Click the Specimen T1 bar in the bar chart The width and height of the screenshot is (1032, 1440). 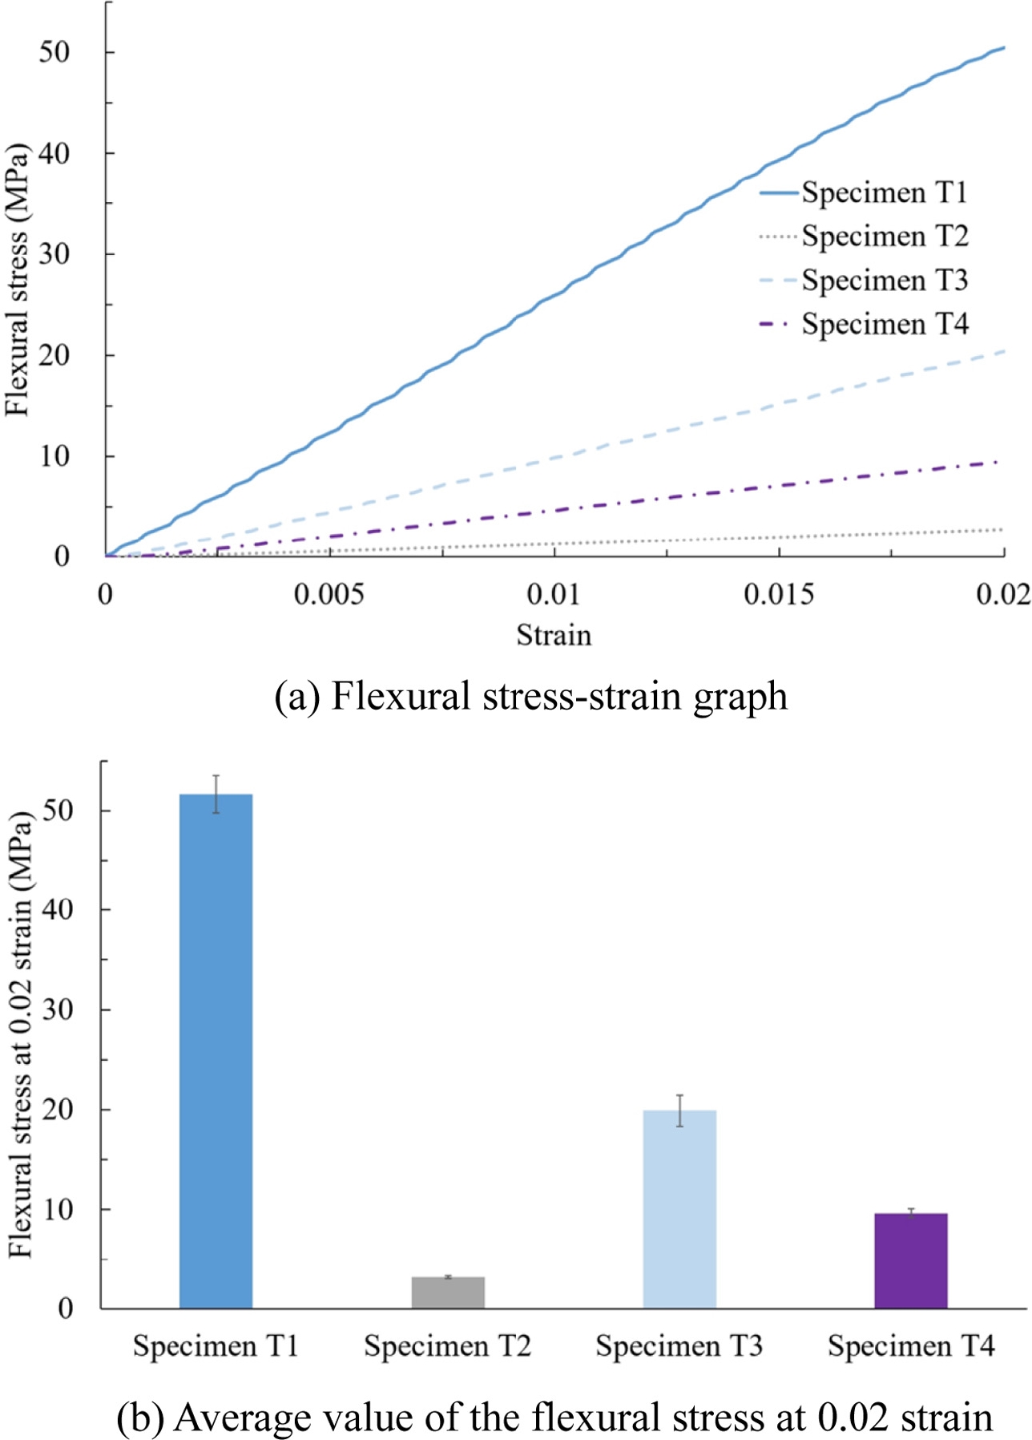216,1050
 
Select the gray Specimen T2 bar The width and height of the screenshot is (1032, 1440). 448,1292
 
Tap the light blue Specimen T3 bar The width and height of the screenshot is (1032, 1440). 679,1208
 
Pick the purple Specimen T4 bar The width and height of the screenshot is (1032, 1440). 911,1260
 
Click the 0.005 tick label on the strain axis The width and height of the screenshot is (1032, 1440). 329,594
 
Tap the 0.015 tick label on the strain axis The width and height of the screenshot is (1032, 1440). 779,594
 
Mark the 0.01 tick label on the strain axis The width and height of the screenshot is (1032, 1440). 553,594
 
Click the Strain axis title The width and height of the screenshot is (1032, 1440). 554,635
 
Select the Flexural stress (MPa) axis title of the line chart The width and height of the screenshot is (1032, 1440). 17,279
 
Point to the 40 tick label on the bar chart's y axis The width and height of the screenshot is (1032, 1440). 58,909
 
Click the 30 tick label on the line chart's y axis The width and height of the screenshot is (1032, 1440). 54,254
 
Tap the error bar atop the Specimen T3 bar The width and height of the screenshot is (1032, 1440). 679,1110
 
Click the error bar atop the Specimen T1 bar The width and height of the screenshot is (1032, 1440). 216,794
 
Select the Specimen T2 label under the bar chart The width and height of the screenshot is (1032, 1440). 448,1346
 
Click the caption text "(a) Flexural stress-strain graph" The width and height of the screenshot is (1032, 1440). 530,696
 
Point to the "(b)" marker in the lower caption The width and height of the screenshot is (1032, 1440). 140,1418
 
